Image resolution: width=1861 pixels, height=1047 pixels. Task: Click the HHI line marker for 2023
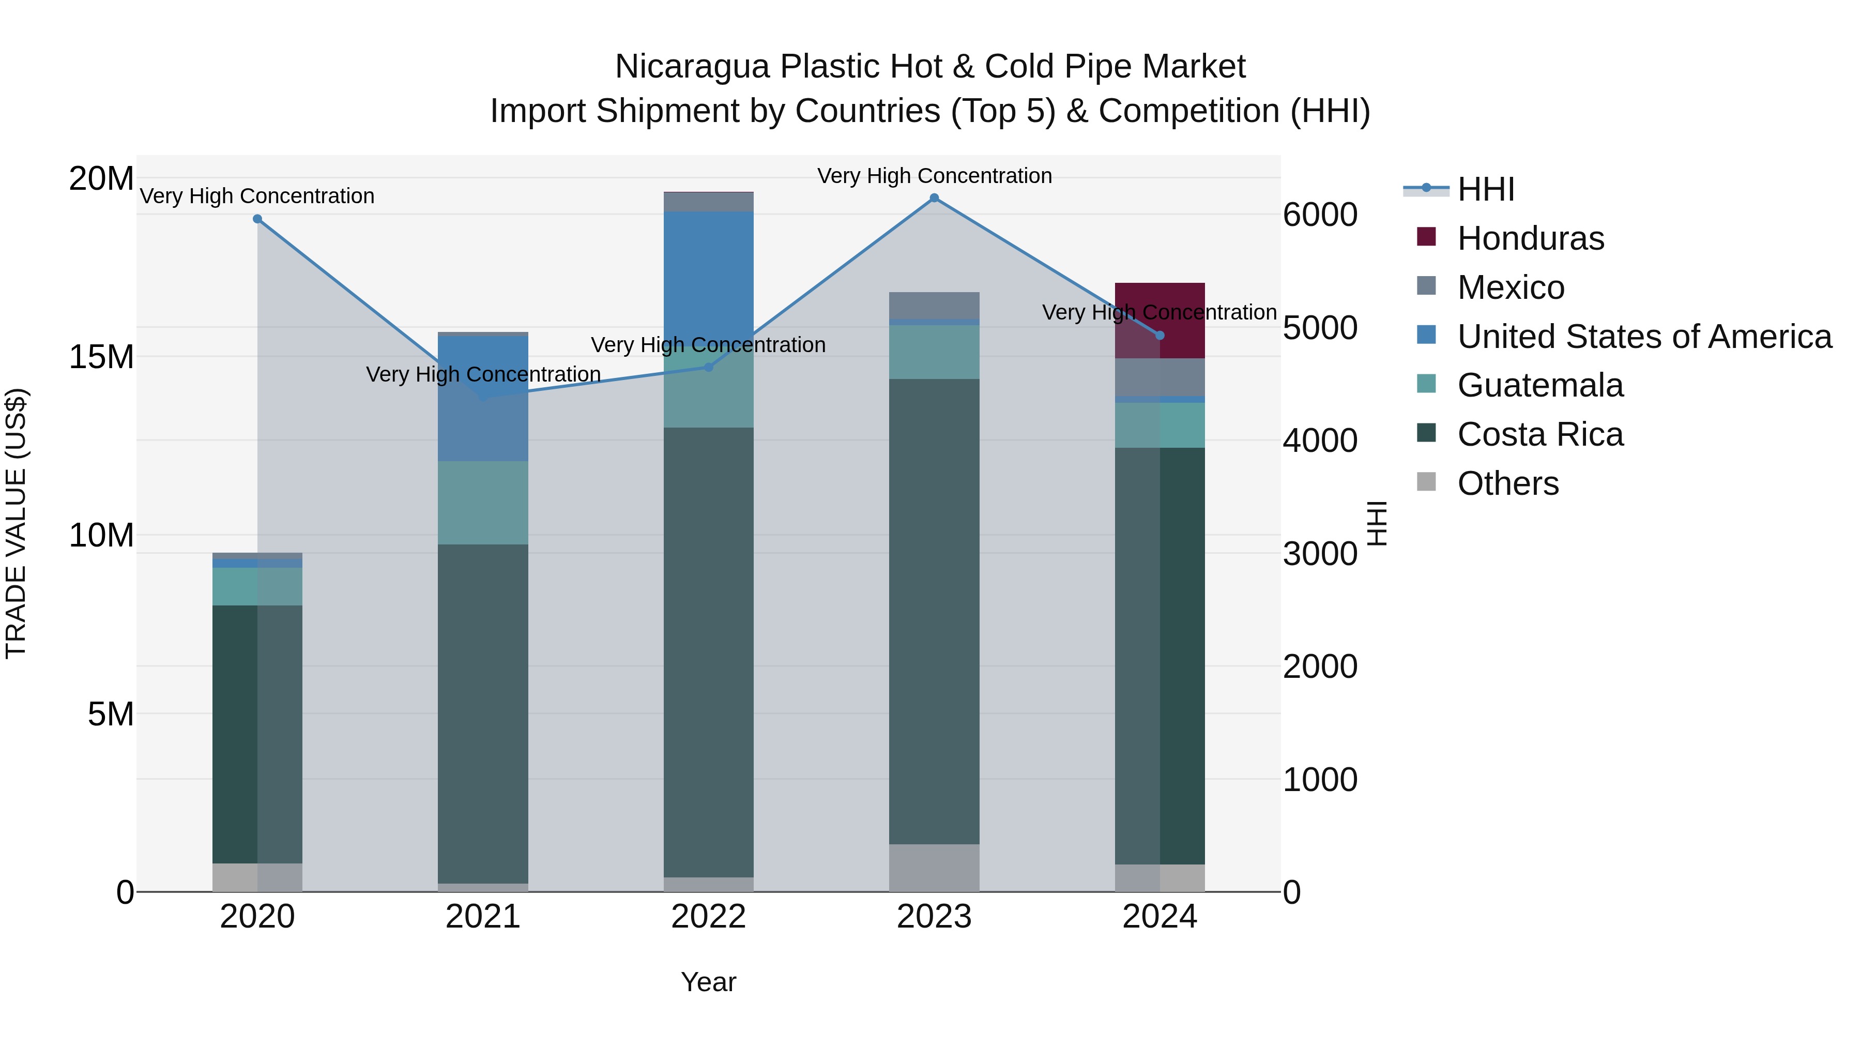coord(934,198)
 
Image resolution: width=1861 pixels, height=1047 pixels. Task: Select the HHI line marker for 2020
coord(257,219)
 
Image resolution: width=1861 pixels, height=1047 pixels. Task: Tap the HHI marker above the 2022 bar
coord(709,367)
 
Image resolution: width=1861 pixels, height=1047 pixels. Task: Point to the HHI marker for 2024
coord(1160,335)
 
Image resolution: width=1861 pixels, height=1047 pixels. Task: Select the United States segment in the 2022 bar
coord(709,275)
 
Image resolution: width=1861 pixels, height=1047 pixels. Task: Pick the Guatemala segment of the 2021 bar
coord(483,503)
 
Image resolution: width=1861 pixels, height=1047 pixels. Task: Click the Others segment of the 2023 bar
coord(934,867)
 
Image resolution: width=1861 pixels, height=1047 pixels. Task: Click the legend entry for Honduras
coord(1530,238)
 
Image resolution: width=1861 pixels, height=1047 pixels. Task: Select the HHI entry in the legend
coord(1485,189)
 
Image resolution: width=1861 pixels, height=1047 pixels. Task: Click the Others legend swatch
coord(1426,481)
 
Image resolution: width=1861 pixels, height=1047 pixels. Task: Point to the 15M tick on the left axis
coord(101,357)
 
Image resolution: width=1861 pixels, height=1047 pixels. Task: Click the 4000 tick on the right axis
coord(1320,441)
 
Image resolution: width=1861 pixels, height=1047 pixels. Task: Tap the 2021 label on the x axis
coord(483,917)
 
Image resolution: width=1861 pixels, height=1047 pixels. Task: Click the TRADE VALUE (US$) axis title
coord(17,523)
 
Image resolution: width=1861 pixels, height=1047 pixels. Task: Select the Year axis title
coord(708,982)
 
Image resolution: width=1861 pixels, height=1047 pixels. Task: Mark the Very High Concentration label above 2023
coord(934,176)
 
